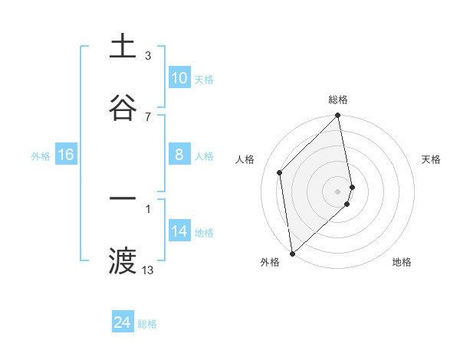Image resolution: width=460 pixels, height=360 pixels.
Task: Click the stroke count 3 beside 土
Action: tap(148, 56)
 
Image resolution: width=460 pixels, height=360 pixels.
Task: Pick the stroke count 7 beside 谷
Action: tap(148, 116)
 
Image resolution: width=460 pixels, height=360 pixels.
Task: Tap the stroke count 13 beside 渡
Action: tap(148, 270)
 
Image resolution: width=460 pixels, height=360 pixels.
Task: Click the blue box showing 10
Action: tap(179, 78)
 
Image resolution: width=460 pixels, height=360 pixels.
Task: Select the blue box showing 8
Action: tap(179, 155)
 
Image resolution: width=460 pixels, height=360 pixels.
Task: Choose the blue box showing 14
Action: tap(179, 231)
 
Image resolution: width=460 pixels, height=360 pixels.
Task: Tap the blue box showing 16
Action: tap(66, 155)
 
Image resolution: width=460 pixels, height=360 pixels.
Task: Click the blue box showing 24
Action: tap(123, 322)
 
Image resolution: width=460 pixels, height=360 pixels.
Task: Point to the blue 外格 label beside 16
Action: tap(41, 156)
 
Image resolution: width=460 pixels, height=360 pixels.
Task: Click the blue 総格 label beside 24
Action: tap(148, 324)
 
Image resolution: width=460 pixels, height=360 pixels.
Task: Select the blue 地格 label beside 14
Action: tap(204, 233)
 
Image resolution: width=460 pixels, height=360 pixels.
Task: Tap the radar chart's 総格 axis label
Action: tap(338, 100)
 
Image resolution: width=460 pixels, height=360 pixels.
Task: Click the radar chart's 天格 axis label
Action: tap(432, 159)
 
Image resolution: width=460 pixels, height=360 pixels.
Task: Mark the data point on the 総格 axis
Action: tap(338, 116)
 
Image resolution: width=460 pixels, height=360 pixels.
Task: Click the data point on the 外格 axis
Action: tap(292, 253)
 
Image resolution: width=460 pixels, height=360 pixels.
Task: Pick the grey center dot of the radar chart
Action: tap(338, 190)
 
